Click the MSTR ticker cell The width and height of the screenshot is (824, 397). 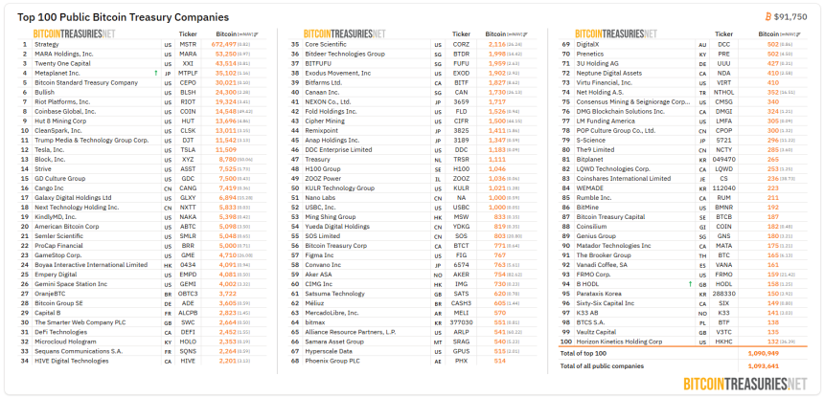click(188, 44)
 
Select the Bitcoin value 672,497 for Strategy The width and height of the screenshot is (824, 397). click(223, 44)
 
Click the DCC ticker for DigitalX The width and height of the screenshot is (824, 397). click(723, 44)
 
